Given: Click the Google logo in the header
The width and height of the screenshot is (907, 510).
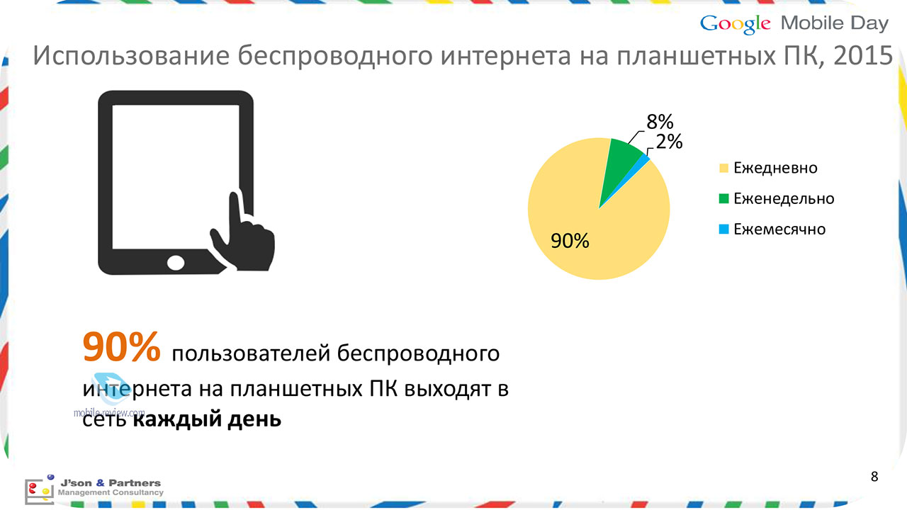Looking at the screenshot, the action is click(735, 24).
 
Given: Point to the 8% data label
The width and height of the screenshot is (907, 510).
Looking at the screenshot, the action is click(660, 122).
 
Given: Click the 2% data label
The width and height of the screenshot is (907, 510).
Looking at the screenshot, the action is click(669, 142).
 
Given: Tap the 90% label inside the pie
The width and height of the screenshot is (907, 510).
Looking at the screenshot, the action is click(570, 241).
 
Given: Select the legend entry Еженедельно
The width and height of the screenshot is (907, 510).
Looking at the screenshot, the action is click(776, 198).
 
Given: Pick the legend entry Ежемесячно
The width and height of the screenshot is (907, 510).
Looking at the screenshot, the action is click(772, 229).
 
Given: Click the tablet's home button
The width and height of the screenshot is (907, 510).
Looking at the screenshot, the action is click(176, 263).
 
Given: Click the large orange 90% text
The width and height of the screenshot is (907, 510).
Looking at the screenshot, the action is click(121, 346).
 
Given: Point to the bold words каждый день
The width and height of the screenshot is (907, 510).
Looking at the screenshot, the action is click(207, 419).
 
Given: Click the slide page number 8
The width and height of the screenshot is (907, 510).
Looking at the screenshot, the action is click(874, 477).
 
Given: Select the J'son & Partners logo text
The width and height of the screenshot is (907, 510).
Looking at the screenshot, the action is click(111, 487).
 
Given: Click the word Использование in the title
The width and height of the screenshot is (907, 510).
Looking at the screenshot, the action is click(131, 56).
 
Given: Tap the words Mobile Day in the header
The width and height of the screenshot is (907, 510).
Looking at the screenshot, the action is click(835, 24).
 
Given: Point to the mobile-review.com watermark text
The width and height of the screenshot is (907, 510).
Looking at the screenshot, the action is click(109, 412).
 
